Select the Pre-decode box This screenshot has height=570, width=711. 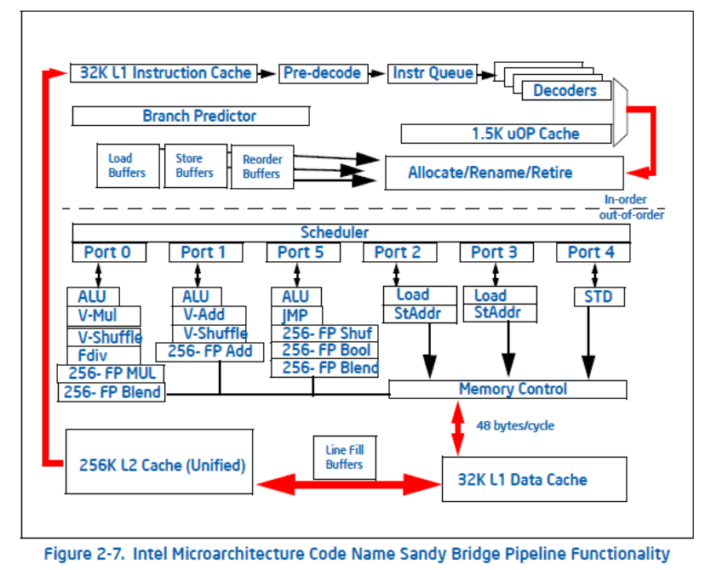(x=323, y=73)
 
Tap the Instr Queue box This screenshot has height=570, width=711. (x=433, y=73)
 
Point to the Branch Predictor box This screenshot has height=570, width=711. (x=192, y=116)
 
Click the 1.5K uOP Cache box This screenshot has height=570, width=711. (x=507, y=134)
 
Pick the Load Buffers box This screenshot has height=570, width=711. (x=127, y=166)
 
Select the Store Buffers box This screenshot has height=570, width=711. (x=195, y=166)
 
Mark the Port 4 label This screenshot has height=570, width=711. (x=593, y=252)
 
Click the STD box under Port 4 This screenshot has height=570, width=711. (x=599, y=297)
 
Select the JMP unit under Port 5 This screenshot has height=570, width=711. (x=296, y=315)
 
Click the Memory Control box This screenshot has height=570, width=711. (x=507, y=390)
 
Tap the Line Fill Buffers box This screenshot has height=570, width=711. (x=344, y=457)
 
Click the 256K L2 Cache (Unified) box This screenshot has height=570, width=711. (x=162, y=465)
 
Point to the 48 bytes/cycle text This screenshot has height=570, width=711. (x=515, y=425)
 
